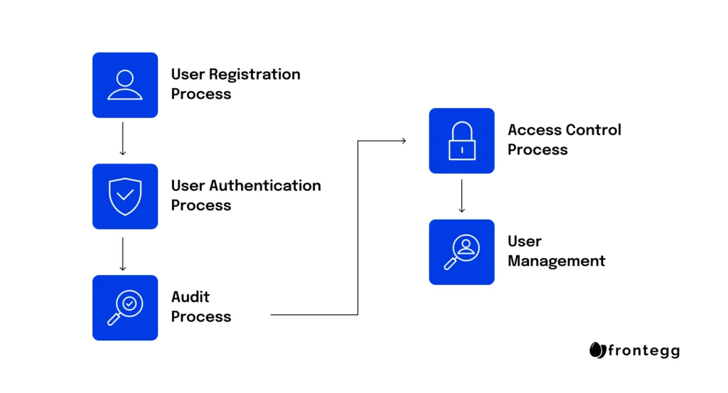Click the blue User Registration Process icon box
(x=125, y=85)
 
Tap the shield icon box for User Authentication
(x=125, y=196)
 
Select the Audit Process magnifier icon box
(x=125, y=308)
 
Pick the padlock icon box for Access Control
(x=461, y=141)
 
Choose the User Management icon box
(x=461, y=252)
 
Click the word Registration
(x=255, y=75)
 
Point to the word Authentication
(x=265, y=185)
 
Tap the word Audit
(x=191, y=297)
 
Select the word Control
(x=593, y=130)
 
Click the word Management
(x=556, y=262)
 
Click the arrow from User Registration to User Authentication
(x=122, y=139)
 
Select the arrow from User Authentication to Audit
(x=122, y=254)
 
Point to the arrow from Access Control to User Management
(x=461, y=196)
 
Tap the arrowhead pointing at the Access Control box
(x=404, y=141)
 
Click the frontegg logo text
(x=644, y=351)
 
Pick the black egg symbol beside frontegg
(x=597, y=350)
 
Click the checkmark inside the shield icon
(x=125, y=195)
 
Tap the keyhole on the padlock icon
(x=462, y=151)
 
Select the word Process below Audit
(x=201, y=316)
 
